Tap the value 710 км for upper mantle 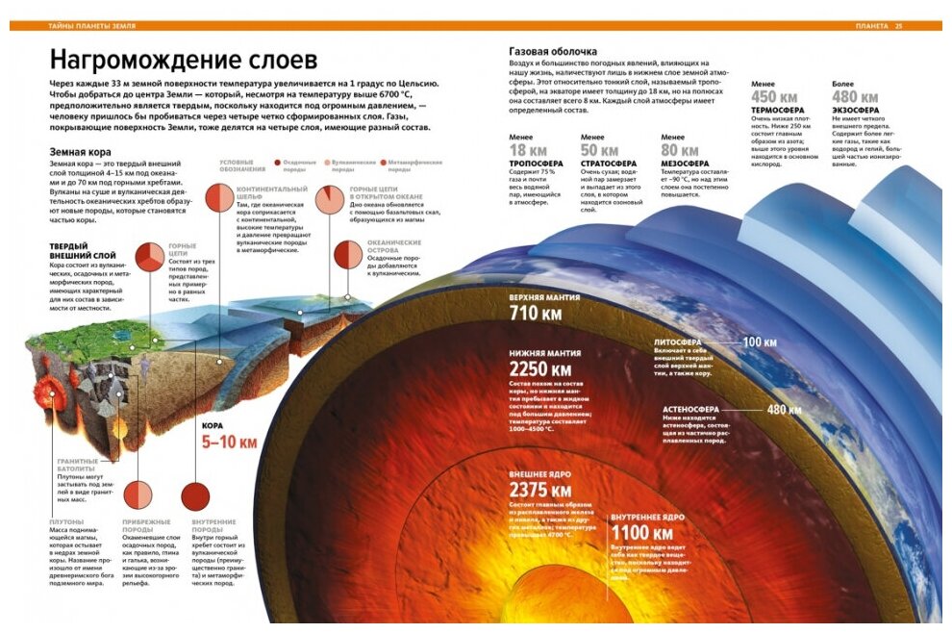click(536, 313)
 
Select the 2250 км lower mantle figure click(540, 369)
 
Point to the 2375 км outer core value click(541, 490)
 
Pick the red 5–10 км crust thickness click(229, 443)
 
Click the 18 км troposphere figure click(528, 151)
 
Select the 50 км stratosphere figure click(600, 151)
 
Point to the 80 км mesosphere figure click(680, 151)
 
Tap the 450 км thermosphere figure click(774, 97)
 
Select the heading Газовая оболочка click(553, 51)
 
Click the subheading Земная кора click(79, 152)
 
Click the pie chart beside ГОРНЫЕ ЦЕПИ click(150, 257)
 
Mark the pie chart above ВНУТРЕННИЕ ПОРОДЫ click(196, 496)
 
